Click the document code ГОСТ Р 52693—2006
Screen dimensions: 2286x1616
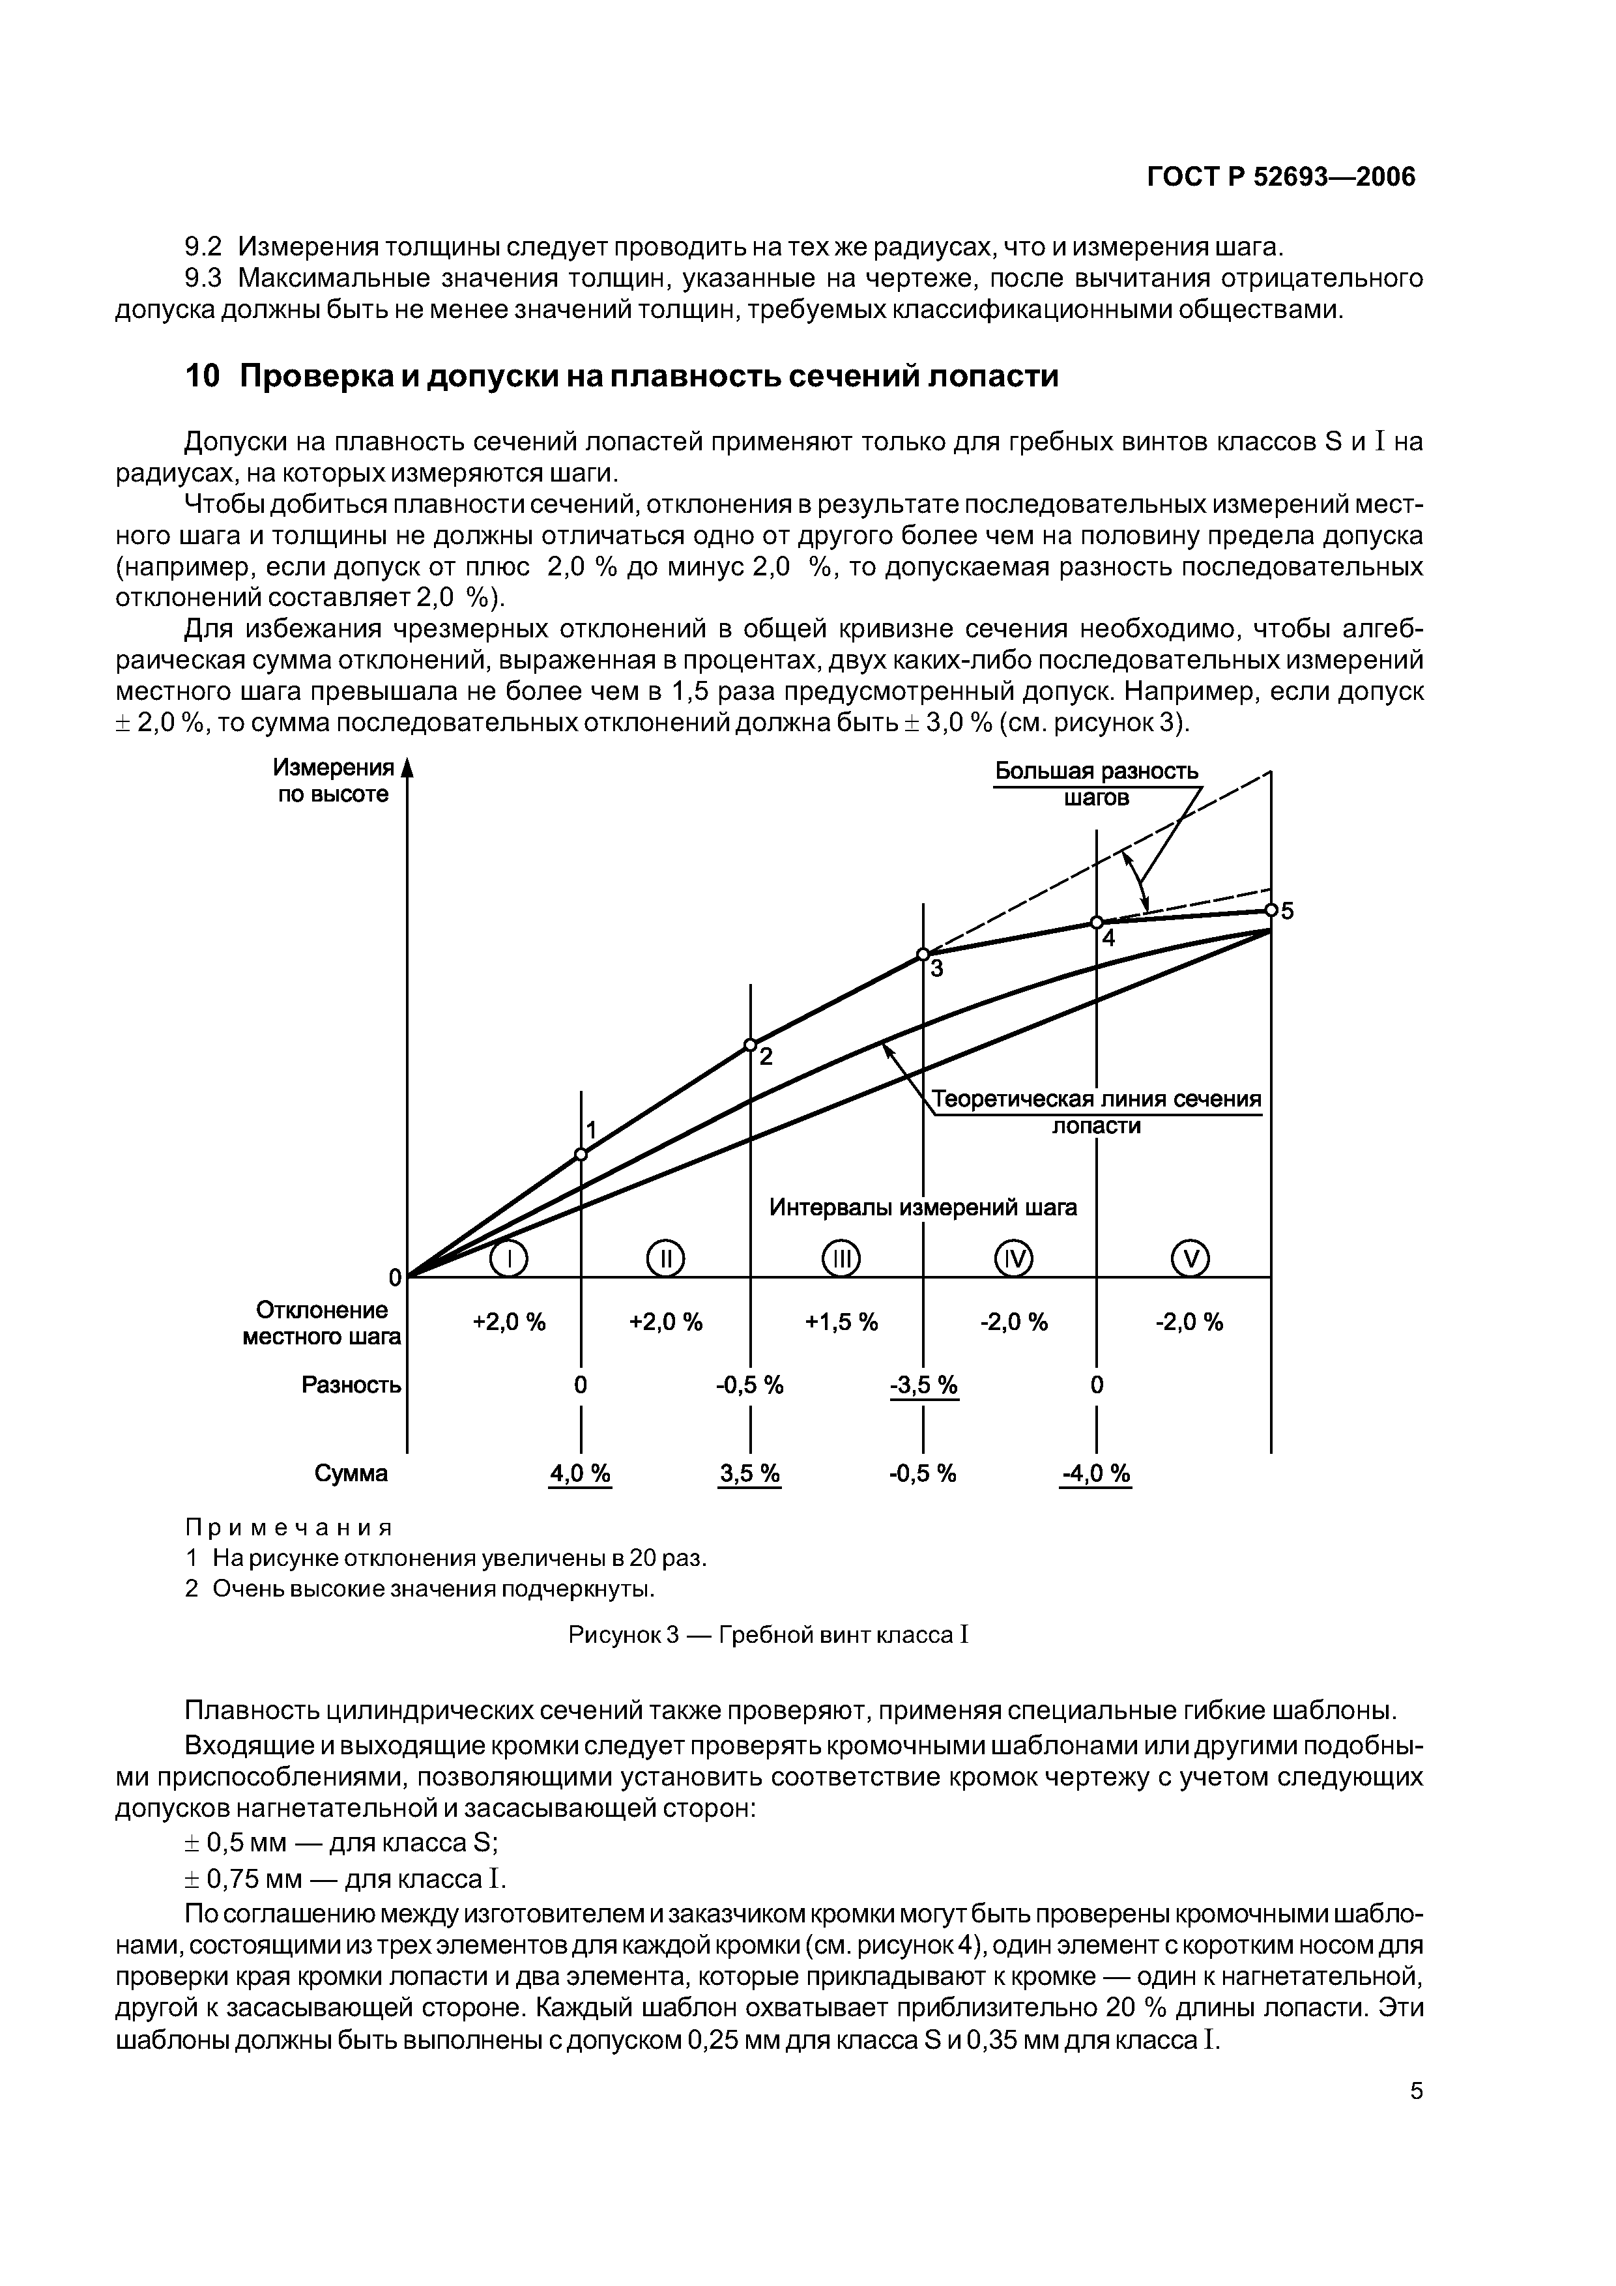coord(1280,177)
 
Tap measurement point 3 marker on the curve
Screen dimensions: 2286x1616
coord(923,954)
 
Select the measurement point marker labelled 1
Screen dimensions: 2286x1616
coord(581,1154)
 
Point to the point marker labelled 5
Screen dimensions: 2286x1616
coord(1271,910)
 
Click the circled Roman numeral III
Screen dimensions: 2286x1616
coord(841,1260)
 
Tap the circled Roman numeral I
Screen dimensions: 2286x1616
coord(509,1260)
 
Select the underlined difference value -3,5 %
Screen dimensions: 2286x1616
coord(923,1385)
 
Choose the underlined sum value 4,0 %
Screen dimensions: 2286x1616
coord(581,1473)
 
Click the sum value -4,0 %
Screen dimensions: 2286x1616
coord(1095,1473)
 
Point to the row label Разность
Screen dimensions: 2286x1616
coord(351,1385)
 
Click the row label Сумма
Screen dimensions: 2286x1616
coord(351,1473)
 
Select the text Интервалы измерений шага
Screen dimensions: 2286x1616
coord(923,1207)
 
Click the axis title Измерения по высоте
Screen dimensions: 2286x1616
coord(334,781)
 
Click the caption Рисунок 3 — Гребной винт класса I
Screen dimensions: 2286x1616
coord(768,1635)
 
